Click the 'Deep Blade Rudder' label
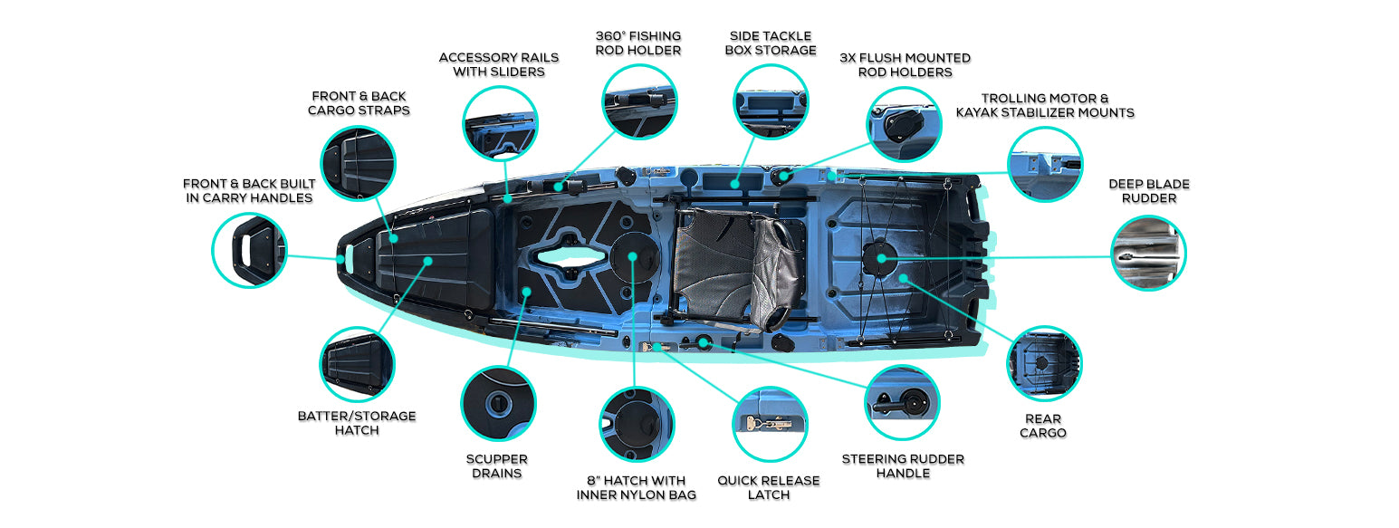coord(1148,190)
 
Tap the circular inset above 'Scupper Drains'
coord(497,402)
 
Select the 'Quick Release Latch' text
coord(768,487)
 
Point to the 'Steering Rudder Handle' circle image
coord(902,402)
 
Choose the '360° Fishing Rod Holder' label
coord(637,43)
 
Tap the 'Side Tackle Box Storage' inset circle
coord(770,101)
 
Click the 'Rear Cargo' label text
coord(1042,426)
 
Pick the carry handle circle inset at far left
coord(249,250)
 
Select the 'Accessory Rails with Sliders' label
coord(498,63)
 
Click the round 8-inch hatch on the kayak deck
coord(631,256)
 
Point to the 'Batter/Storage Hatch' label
coord(357,422)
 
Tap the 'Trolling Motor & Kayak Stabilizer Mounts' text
coord(1044,105)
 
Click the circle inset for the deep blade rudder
coord(1148,253)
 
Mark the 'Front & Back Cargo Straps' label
coord(359,102)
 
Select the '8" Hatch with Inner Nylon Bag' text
coord(636,487)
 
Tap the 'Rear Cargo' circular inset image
coord(1044,363)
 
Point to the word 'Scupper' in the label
coord(497,459)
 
